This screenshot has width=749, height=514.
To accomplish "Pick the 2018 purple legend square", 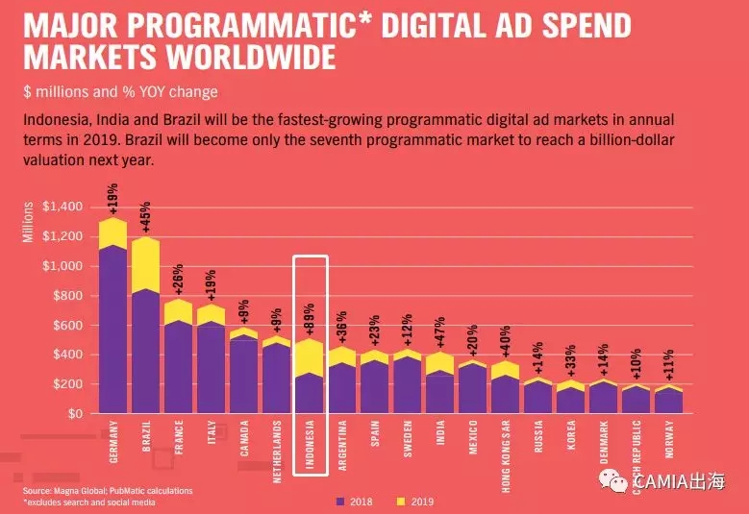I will coord(339,502).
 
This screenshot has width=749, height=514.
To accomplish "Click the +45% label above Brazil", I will coord(146,218).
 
